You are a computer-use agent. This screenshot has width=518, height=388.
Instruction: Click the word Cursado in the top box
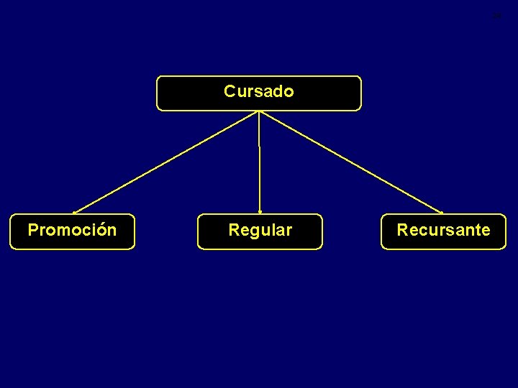(259, 92)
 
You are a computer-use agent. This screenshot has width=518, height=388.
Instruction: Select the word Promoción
(72, 231)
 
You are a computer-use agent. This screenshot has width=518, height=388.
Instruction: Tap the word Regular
(260, 231)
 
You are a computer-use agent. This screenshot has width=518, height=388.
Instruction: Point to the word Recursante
(443, 231)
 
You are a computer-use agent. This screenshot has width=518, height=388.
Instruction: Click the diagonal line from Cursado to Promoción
(165, 162)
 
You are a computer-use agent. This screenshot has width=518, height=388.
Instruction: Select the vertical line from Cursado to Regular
(259, 162)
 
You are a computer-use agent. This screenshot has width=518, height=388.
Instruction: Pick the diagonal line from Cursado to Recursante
(350, 162)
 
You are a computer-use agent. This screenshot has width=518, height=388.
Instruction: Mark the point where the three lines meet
(259, 111)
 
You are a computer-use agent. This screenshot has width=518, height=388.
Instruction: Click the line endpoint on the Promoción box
(74, 213)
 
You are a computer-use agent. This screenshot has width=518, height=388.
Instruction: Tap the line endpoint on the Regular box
(260, 213)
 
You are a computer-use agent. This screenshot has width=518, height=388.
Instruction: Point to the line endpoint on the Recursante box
(442, 213)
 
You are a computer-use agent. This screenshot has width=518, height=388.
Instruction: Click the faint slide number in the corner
(496, 16)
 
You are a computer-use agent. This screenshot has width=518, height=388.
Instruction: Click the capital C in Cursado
(230, 92)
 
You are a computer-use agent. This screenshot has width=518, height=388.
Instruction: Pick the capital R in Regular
(233, 231)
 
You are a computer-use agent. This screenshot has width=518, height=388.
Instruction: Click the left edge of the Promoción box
(10, 231)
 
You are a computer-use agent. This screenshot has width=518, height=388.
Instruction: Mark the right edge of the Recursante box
(506, 231)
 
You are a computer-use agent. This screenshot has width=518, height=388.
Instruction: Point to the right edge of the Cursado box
(361, 93)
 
